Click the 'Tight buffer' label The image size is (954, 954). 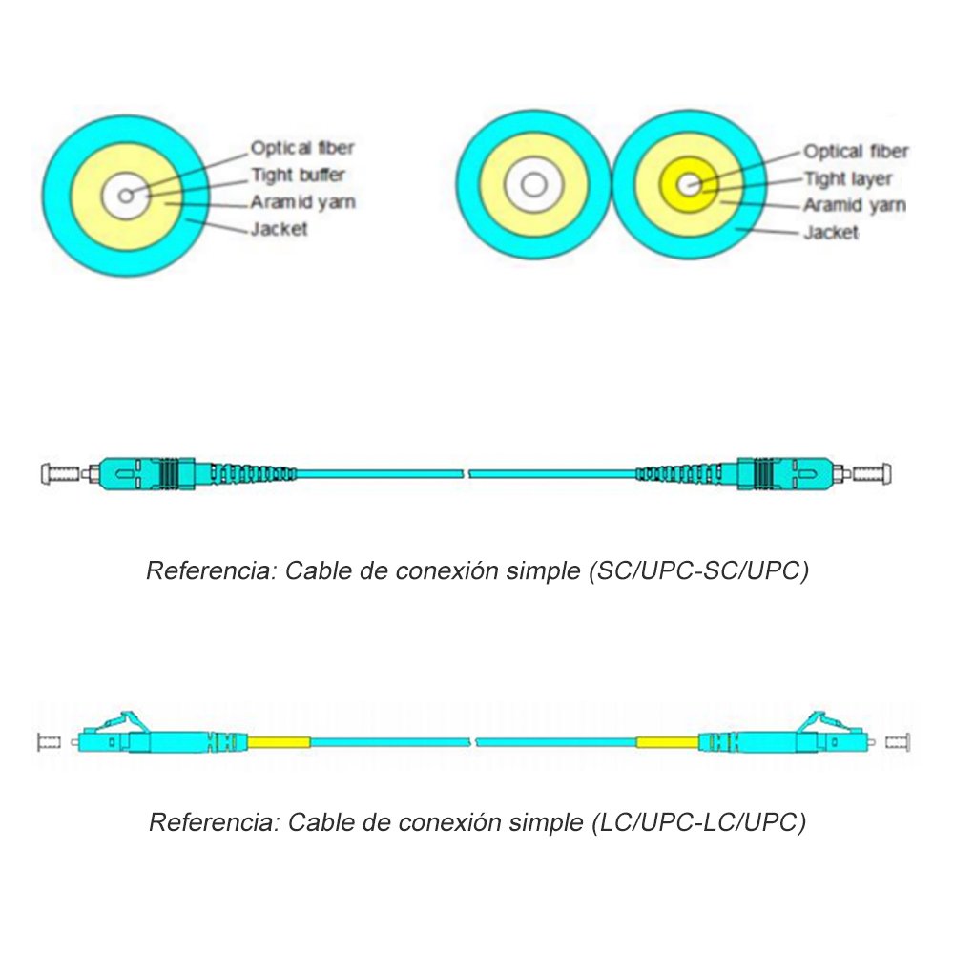click(x=298, y=176)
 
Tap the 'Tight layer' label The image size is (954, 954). click(x=847, y=179)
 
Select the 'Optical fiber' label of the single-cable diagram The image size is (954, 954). click(x=302, y=148)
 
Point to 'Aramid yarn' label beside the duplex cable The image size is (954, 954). click(x=854, y=205)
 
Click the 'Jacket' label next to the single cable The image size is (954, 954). click(x=279, y=229)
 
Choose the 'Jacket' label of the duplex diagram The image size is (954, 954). click(x=830, y=232)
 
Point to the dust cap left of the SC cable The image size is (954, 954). click(x=59, y=472)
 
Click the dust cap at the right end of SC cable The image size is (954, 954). click(x=875, y=472)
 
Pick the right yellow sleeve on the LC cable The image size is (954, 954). click(x=668, y=741)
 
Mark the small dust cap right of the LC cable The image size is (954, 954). click(x=899, y=741)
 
